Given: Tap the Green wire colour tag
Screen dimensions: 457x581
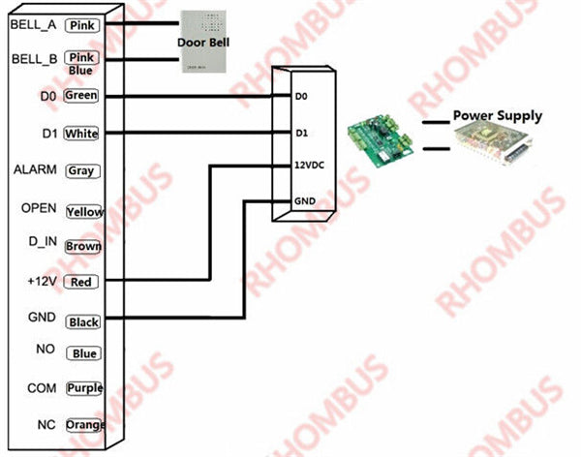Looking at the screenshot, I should (80, 96).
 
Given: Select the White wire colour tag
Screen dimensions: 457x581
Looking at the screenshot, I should (80, 134).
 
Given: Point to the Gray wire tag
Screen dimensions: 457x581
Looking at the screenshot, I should (80, 171).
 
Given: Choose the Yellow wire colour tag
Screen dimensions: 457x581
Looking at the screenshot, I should (84, 211).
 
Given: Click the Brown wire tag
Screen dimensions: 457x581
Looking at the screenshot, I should (83, 246).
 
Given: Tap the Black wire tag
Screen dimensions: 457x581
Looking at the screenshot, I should (82, 321).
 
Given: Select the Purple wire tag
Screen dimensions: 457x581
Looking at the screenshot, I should (84, 388).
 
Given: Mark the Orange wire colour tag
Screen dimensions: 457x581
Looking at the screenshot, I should (85, 425).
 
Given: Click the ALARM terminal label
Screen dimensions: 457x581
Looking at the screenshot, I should (32, 170).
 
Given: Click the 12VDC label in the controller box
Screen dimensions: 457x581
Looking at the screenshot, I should (309, 165).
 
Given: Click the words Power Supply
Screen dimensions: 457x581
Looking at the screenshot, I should (498, 116).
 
